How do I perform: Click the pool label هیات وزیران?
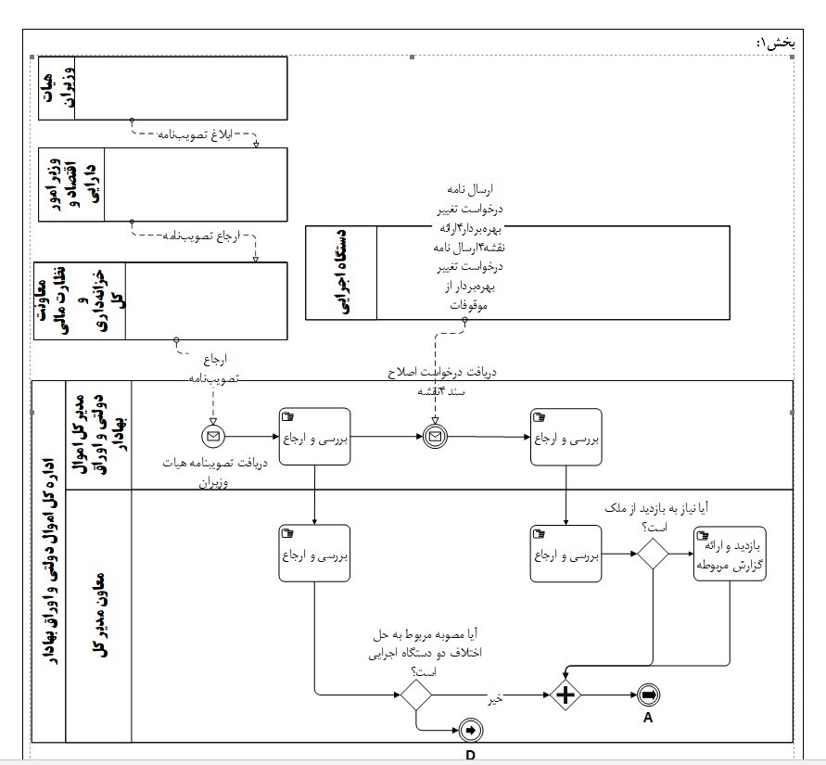tap(55, 88)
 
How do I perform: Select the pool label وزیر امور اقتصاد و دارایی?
tap(71, 184)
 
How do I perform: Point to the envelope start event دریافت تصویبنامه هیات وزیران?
tap(213, 436)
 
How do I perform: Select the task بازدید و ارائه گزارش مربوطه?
tap(730, 554)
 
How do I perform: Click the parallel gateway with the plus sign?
tap(565, 695)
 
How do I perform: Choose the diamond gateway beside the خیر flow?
tap(416, 695)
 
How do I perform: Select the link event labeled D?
tap(471, 731)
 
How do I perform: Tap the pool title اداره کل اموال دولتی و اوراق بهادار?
tap(48, 560)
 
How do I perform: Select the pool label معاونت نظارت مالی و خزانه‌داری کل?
tap(78, 301)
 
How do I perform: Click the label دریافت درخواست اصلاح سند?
tap(442, 379)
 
